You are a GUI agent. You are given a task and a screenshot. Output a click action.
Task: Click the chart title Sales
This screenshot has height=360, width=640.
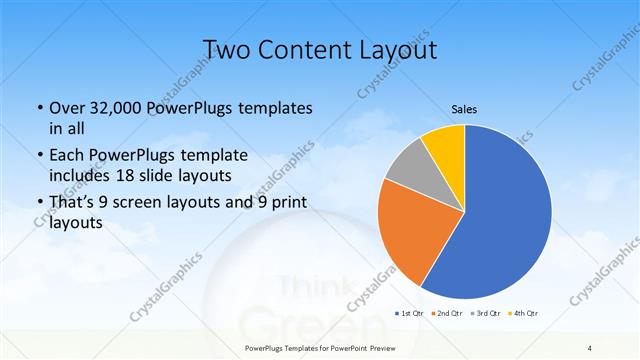464,108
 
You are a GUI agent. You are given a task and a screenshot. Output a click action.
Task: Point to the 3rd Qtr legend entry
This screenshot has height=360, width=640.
485,314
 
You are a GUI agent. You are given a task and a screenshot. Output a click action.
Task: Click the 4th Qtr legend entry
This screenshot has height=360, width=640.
525,314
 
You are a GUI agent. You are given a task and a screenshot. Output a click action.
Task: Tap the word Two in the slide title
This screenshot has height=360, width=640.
225,49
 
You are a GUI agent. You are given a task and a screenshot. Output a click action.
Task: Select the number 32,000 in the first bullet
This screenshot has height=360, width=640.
112,108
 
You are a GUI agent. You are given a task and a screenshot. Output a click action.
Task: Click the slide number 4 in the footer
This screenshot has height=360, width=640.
590,346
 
